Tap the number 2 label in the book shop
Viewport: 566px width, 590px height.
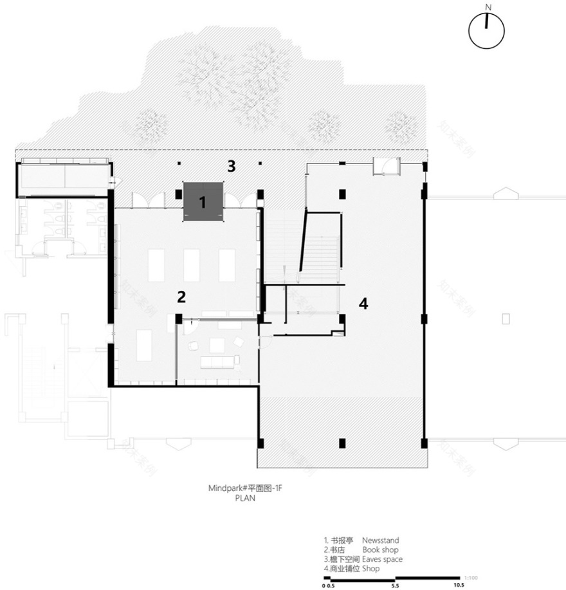(x=181, y=297)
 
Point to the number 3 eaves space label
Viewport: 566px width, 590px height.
(x=231, y=166)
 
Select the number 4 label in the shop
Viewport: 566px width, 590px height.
(x=363, y=304)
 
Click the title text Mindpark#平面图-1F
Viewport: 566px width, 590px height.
(x=245, y=489)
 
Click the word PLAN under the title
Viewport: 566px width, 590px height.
(x=245, y=497)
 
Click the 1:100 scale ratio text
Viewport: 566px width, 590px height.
(x=470, y=576)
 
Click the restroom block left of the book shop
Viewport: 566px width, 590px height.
(x=61, y=225)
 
